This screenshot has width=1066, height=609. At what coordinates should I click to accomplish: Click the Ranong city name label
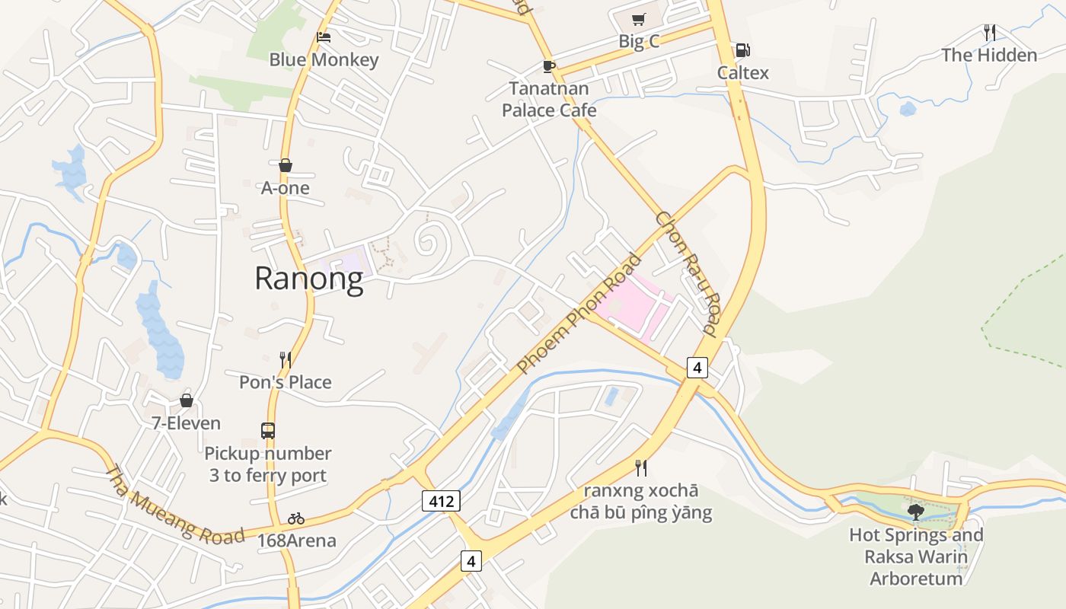click(308, 278)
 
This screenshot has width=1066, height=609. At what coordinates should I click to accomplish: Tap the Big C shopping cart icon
click(638, 20)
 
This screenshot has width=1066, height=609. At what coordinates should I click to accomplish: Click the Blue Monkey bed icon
click(324, 37)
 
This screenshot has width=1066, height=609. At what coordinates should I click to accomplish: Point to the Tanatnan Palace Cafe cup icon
click(548, 66)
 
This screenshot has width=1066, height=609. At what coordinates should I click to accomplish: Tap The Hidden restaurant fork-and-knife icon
click(989, 33)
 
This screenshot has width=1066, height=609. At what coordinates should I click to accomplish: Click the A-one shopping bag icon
click(286, 165)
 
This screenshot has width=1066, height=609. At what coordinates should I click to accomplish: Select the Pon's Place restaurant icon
click(286, 359)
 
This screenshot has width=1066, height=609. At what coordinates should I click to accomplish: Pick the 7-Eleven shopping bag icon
click(186, 400)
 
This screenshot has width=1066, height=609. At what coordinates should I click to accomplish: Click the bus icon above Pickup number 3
click(268, 430)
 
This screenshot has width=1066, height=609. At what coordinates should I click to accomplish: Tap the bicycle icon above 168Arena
click(296, 518)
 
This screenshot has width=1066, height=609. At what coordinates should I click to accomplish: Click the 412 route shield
click(441, 501)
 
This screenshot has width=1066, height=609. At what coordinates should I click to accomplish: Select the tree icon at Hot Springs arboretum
click(916, 512)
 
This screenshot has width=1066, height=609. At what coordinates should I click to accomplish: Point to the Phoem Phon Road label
click(579, 314)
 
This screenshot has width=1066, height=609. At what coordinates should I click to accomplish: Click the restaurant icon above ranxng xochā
click(641, 467)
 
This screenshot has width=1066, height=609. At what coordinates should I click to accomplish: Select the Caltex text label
click(743, 73)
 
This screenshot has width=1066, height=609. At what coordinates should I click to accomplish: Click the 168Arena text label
click(296, 541)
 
